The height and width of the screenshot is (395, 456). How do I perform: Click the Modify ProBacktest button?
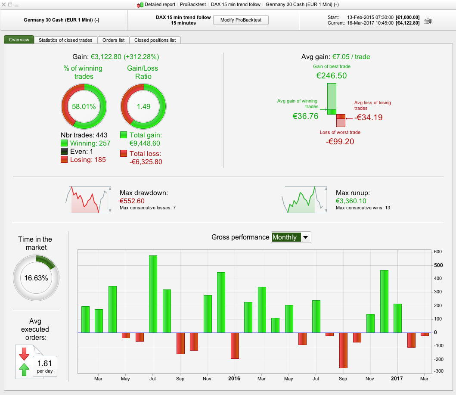[x=241, y=20]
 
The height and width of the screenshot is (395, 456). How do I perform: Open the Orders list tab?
[x=113, y=40]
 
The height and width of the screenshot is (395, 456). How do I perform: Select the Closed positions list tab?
[x=155, y=40]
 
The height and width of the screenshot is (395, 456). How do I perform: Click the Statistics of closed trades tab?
[x=65, y=40]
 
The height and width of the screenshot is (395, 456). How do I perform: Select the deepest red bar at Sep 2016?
[x=343, y=350]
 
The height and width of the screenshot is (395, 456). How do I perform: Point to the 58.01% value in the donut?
[x=84, y=106]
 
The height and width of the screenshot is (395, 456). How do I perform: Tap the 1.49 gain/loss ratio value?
[x=143, y=106]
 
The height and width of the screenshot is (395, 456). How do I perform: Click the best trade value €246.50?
[x=332, y=76]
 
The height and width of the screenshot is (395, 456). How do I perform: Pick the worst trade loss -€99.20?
[x=340, y=141]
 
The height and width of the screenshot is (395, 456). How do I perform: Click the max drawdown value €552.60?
[x=132, y=201]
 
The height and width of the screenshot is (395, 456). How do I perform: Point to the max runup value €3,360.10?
[x=351, y=201]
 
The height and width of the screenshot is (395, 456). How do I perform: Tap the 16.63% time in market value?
[x=36, y=278]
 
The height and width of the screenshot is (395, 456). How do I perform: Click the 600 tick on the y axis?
[x=437, y=252]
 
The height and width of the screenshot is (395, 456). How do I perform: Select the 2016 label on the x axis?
[x=234, y=379]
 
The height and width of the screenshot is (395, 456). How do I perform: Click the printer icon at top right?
[x=428, y=20]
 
